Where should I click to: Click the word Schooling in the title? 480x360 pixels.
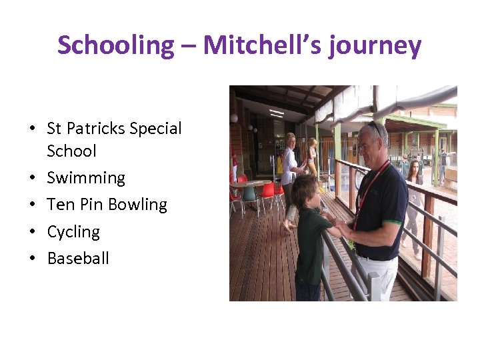115,45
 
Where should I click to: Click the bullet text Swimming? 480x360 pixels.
86,178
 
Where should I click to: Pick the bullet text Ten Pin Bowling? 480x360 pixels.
107,205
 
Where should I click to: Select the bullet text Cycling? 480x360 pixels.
73,231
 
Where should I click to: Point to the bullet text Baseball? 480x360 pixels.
77,258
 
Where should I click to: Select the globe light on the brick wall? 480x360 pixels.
235,118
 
